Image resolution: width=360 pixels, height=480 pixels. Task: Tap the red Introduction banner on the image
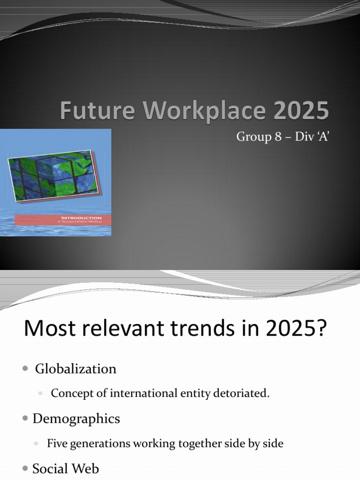63,220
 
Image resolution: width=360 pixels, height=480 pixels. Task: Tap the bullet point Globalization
76,369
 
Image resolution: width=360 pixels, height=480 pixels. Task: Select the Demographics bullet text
76,419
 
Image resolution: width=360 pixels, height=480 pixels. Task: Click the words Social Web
66,468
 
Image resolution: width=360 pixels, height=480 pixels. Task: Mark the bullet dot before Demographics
25,419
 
